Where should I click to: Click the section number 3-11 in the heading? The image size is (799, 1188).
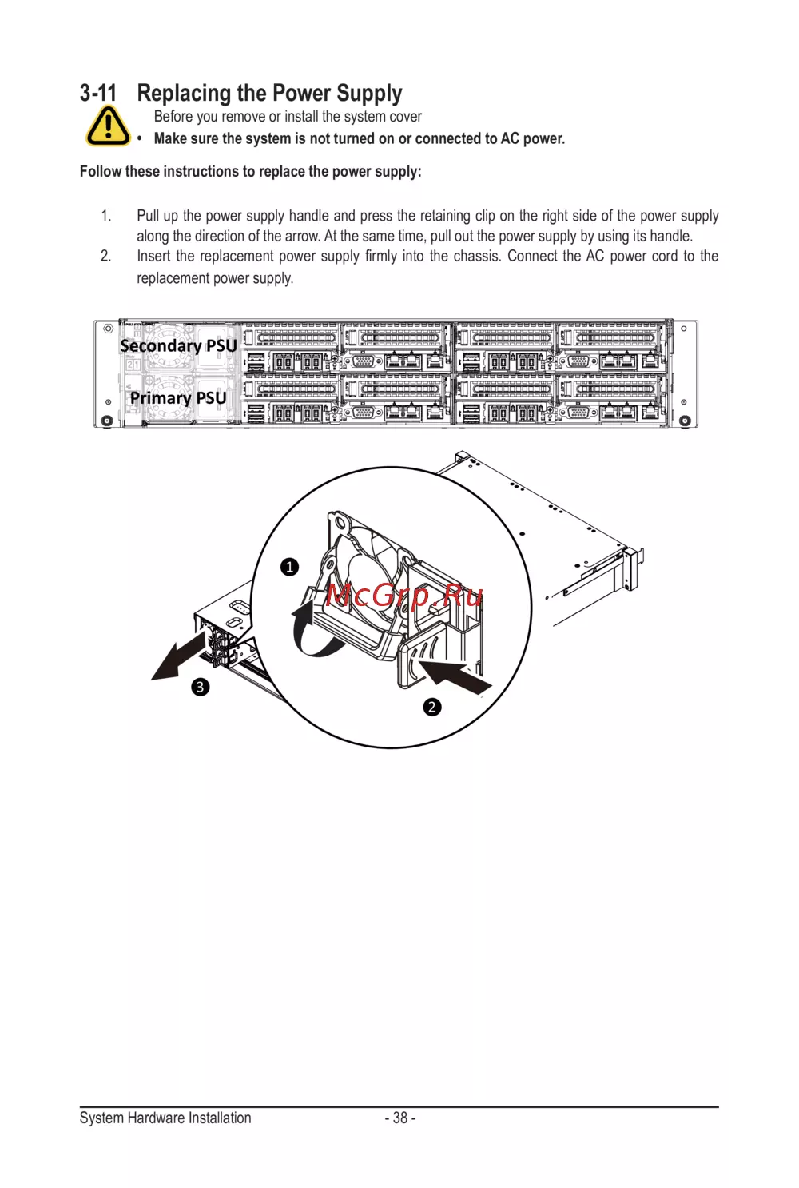(98, 94)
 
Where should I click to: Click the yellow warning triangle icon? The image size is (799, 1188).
(107, 126)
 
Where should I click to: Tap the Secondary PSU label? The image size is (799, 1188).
(178, 345)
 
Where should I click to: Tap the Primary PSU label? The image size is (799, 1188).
(178, 397)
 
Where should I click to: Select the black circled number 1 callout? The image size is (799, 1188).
(289, 567)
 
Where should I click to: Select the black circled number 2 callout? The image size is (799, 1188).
(432, 707)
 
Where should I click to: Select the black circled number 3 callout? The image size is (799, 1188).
(200, 687)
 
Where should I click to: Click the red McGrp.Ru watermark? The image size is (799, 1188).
(405, 596)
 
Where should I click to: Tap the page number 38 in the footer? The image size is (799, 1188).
(399, 1118)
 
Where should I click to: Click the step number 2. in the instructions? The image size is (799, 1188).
(105, 257)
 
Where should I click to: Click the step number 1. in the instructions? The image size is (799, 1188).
(105, 216)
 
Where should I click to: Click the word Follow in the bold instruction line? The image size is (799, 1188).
(101, 171)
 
